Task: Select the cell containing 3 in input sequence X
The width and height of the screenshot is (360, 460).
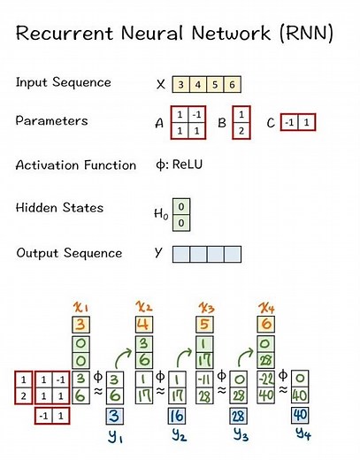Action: point(180,85)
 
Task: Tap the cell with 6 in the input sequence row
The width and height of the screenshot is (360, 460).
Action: point(231,85)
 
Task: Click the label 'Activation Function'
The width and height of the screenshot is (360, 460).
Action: point(76,165)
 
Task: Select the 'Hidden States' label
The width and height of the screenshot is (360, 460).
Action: point(59,208)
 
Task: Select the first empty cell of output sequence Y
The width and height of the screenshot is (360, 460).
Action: point(180,254)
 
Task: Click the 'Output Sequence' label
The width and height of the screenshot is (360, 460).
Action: point(69,253)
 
